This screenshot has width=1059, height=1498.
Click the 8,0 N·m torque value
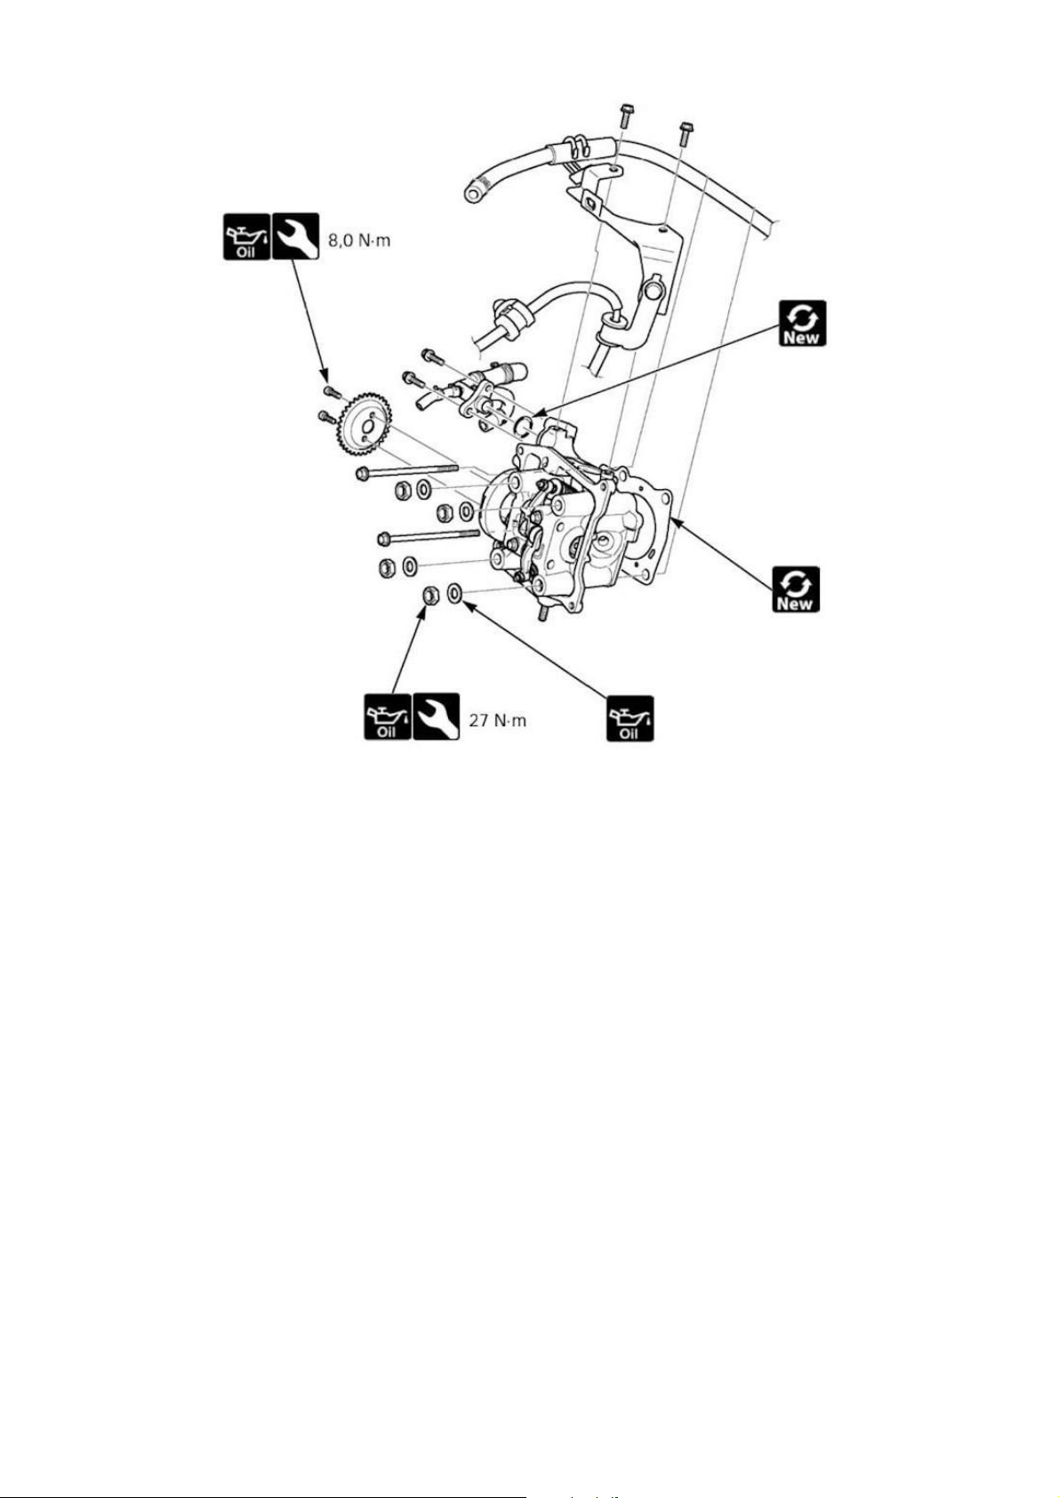[358, 239]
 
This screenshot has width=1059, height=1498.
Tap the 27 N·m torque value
[498, 721]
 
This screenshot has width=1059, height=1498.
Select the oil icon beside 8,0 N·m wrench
[246, 236]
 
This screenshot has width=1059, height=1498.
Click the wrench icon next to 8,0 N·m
[295, 236]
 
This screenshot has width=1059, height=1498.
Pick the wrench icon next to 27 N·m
[437, 717]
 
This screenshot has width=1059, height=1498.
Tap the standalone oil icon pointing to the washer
[630, 718]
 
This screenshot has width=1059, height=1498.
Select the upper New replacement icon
[803, 323]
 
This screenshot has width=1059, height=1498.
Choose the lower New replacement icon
[796, 589]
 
